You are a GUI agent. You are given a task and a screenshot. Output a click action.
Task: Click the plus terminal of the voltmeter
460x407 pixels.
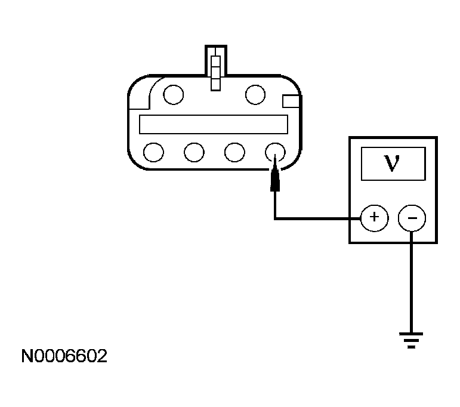click(374, 218)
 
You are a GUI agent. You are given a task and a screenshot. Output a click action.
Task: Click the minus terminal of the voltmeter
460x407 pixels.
click(412, 218)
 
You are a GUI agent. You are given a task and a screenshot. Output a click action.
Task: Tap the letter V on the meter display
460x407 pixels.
click(392, 163)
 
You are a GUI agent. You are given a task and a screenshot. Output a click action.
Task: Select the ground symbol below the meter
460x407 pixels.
click(411, 340)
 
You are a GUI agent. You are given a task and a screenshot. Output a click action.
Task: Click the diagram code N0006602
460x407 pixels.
click(64, 356)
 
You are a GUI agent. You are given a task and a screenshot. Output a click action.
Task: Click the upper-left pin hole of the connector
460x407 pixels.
click(174, 94)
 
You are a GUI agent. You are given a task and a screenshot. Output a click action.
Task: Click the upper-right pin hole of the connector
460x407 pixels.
click(255, 94)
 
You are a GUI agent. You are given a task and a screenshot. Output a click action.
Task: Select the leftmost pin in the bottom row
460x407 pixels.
click(153, 152)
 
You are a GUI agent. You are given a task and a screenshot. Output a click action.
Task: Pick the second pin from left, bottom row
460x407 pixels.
click(194, 152)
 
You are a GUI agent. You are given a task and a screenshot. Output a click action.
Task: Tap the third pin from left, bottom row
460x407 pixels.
click(234, 152)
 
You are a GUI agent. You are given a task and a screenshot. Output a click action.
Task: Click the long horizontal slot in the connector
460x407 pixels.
click(214, 124)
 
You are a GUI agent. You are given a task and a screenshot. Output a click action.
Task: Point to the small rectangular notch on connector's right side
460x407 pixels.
click(291, 101)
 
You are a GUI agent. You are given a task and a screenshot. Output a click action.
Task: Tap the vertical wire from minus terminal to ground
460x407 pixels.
click(411, 282)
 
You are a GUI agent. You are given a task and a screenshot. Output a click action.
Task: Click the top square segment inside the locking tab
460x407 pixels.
click(215, 61)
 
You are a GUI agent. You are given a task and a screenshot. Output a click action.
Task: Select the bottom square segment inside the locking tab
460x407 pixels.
click(215, 85)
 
